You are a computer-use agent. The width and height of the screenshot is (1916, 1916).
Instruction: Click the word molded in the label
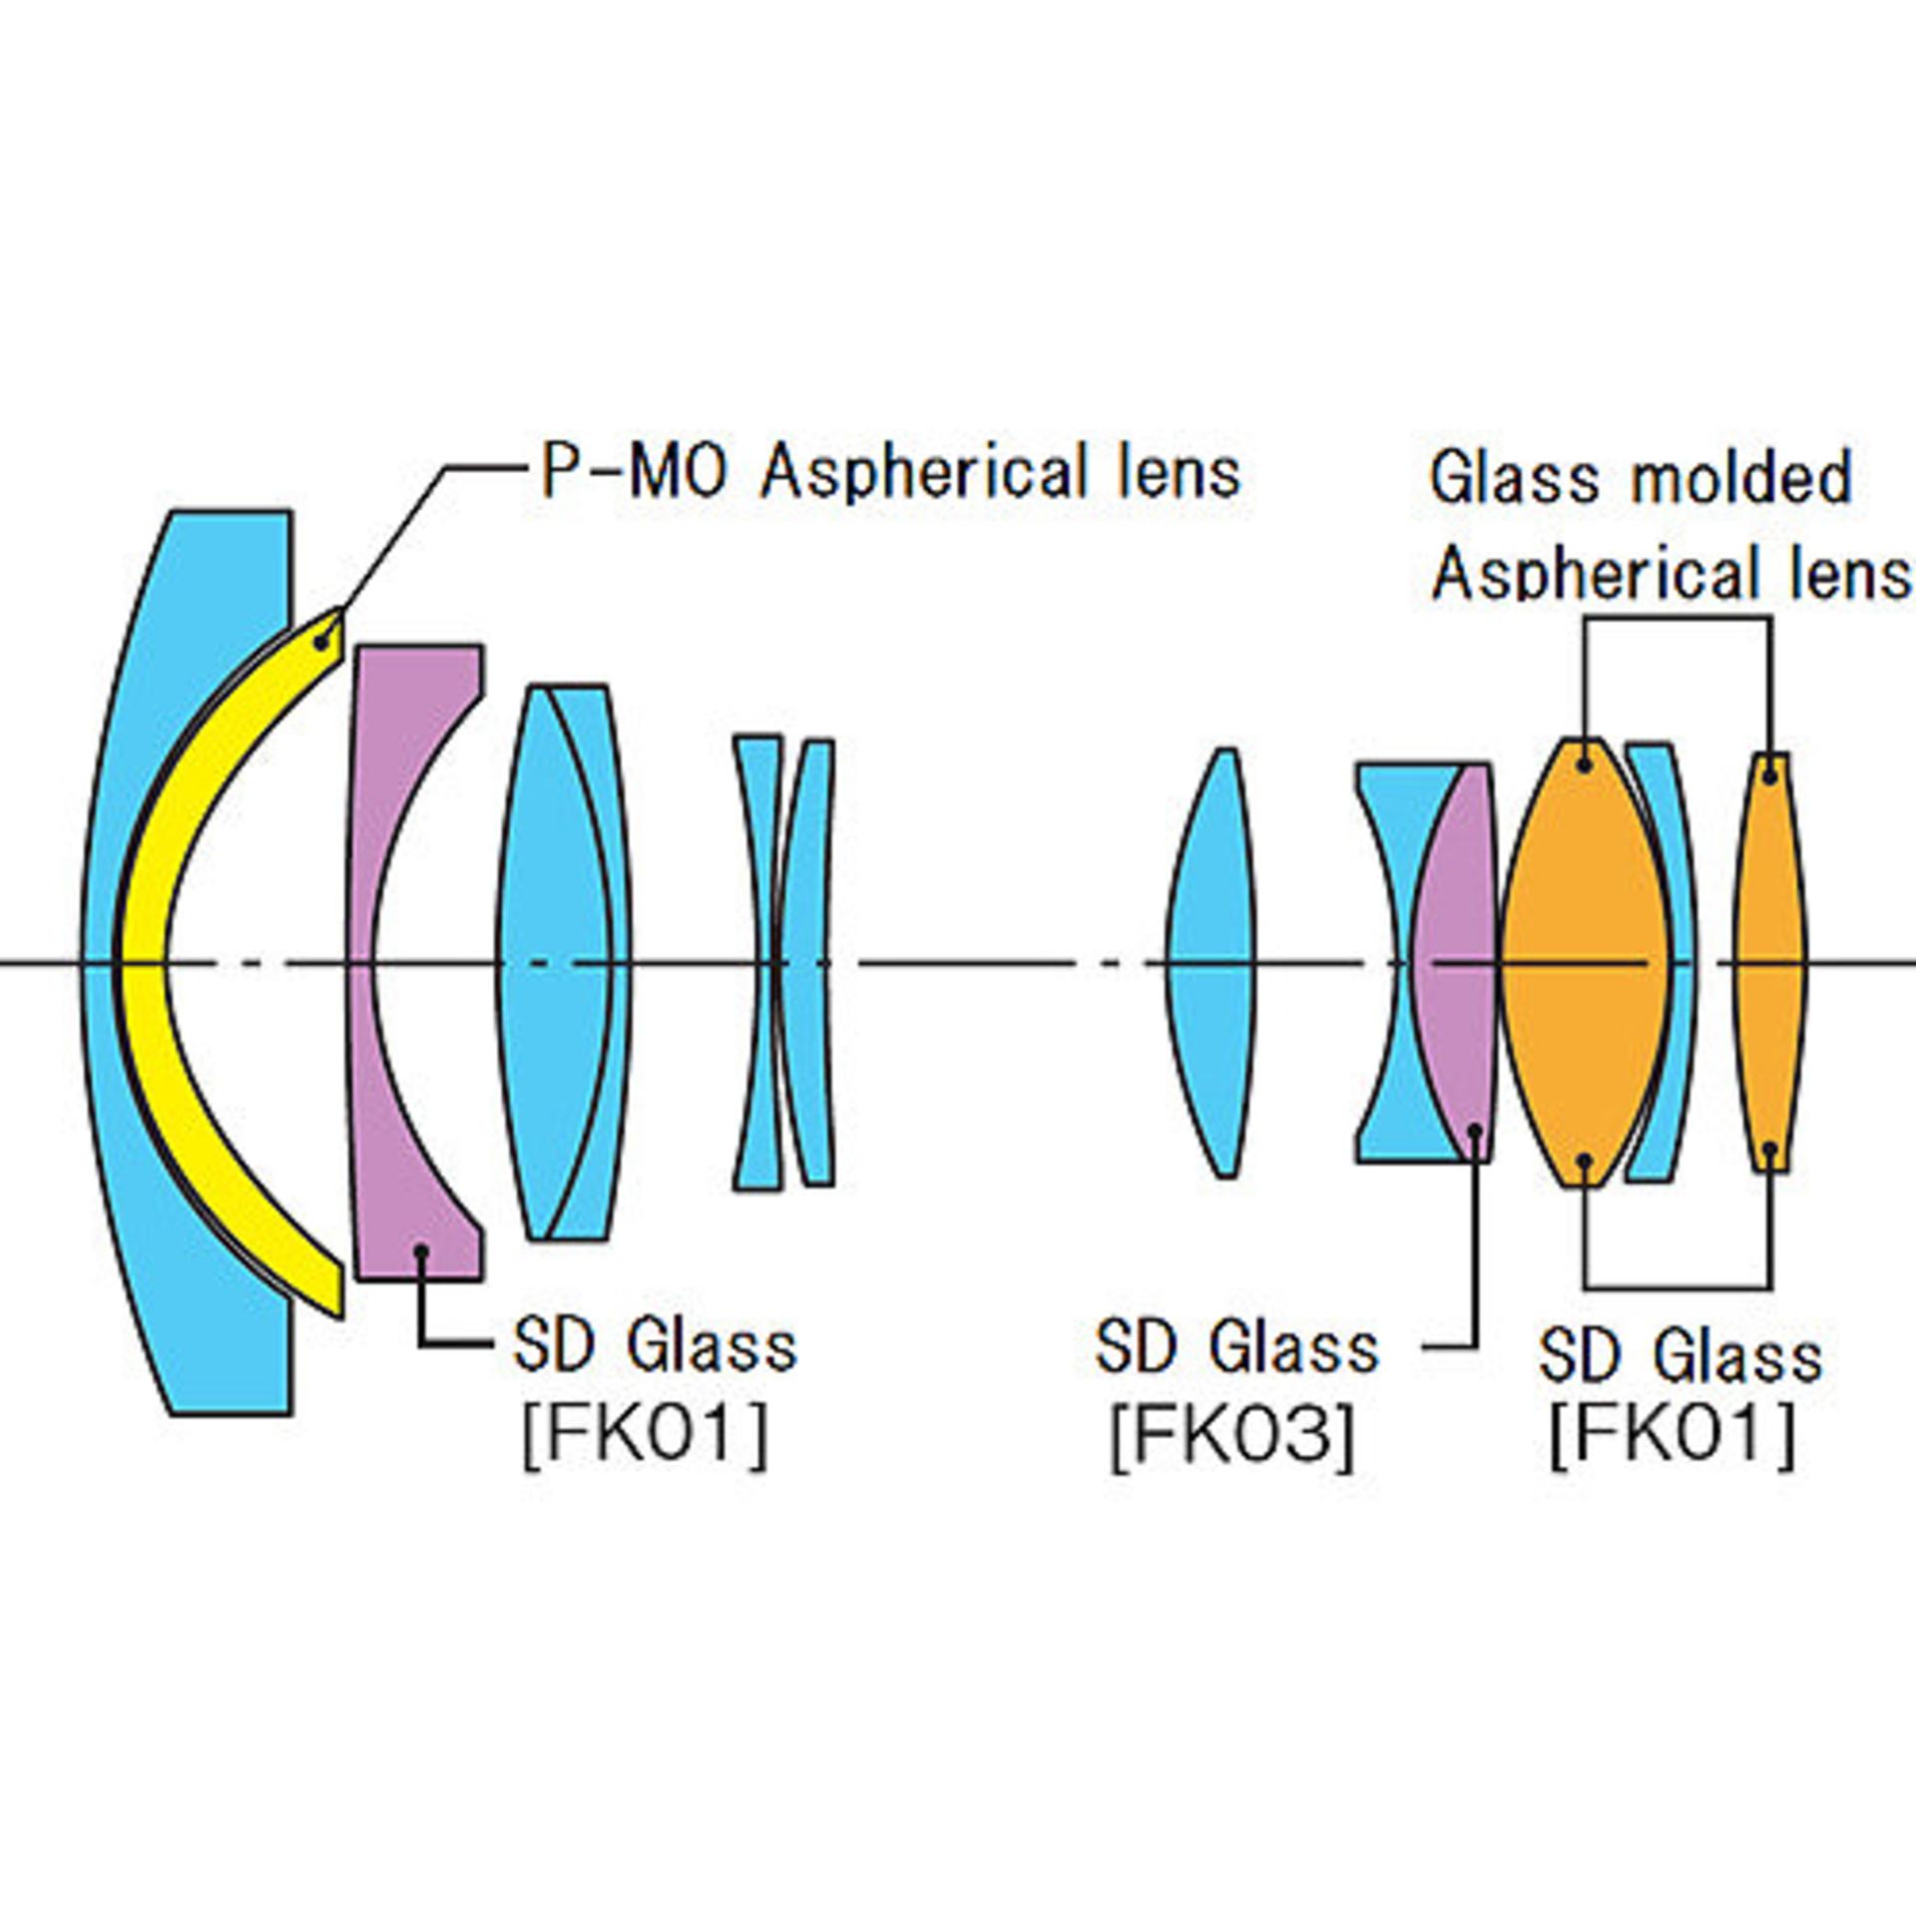(x=1740, y=479)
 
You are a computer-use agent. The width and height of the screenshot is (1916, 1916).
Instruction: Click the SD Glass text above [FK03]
(x=1237, y=1346)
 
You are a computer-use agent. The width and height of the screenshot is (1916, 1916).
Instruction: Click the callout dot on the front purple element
(x=422, y=1249)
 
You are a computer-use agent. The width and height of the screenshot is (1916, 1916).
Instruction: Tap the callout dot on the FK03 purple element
(x=1475, y=1130)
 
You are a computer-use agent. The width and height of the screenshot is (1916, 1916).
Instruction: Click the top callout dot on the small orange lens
(x=1770, y=773)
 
